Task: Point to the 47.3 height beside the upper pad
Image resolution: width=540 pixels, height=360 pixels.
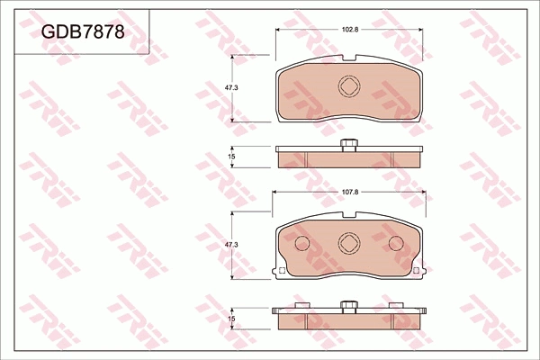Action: [x=230, y=87]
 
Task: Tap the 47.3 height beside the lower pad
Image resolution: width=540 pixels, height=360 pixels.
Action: [x=230, y=245]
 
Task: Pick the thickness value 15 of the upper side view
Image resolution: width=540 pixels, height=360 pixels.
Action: [x=231, y=157]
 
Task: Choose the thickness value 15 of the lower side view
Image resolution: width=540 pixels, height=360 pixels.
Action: [x=231, y=319]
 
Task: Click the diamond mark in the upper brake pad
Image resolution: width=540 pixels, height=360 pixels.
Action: [x=348, y=86]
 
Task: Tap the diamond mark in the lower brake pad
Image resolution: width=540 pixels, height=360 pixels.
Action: [x=348, y=244]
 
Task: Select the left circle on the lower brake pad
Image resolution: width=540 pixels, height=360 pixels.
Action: [x=301, y=244]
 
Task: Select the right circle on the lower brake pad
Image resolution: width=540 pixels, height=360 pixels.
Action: [x=395, y=244]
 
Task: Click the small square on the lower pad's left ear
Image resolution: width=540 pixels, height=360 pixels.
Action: [x=282, y=270]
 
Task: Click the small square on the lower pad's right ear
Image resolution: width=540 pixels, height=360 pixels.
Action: [x=415, y=270]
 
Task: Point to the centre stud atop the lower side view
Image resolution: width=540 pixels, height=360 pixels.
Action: [x=348, y=304]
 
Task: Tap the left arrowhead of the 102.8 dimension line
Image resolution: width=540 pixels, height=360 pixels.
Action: [x=278, y=30]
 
